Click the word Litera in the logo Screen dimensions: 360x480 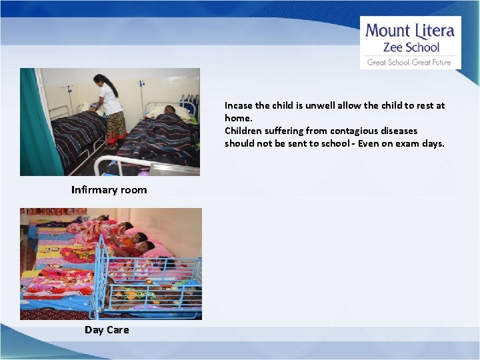435,31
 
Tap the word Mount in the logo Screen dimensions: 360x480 388,31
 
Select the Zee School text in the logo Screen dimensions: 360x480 411,47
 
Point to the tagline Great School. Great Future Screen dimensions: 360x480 409,63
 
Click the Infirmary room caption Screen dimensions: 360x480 109,190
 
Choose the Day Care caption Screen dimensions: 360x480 107,330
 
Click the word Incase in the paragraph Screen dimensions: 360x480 238,105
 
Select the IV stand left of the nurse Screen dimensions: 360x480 69,97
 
